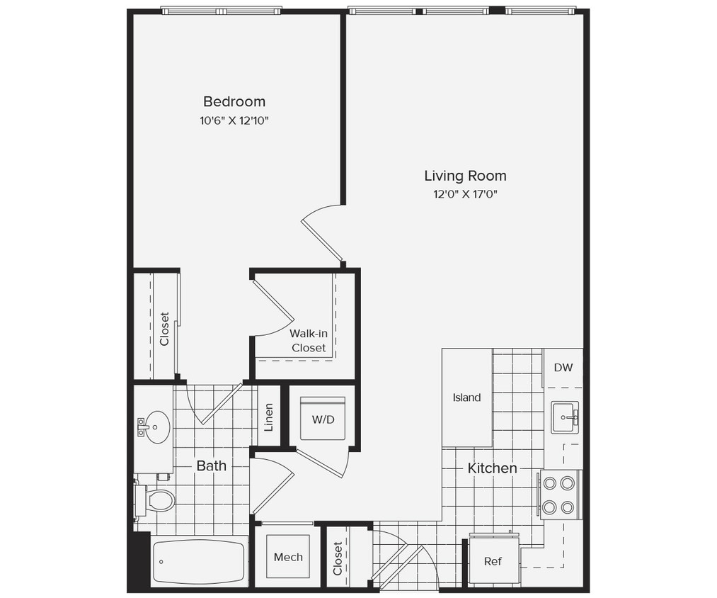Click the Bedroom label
[x=234, y=101]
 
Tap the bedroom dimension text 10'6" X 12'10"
[x=234, y=120]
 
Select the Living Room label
[x=465, y=176]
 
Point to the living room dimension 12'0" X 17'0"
[x=465, y=194]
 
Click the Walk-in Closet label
[x=308, y=341]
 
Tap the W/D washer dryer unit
[x=323, y=419]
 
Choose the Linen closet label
[x=269, y=417]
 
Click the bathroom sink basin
[x=156, y=427]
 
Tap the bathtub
[x=198, y=562]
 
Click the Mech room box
[x=288, y=557]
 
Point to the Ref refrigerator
[x=493, y=561]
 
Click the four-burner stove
[x=558, y=495]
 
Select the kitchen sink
[x=564, y=417]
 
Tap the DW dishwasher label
[x=563, y=368]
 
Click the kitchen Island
[x=466, y=397]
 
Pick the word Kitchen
[x=492, y=468]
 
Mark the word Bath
[x=212, y=466]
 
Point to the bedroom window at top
[x=221, y=11]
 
